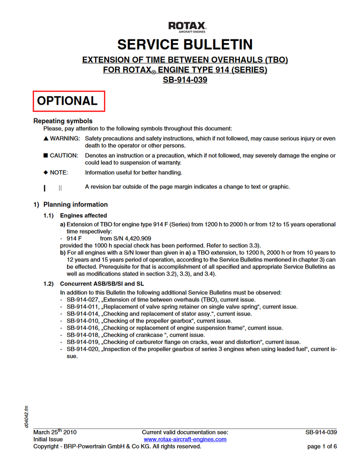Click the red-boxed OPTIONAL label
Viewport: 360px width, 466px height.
point(68,101)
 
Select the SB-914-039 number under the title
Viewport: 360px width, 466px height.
point(185,80)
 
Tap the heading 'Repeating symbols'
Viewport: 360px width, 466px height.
point(63,121)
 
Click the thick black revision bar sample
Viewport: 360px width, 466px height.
point(45,188)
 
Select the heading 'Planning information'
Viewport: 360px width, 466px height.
point(75,204)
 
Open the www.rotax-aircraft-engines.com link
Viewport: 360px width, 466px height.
point(185,439)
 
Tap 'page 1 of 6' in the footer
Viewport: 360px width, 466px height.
point(322,446)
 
